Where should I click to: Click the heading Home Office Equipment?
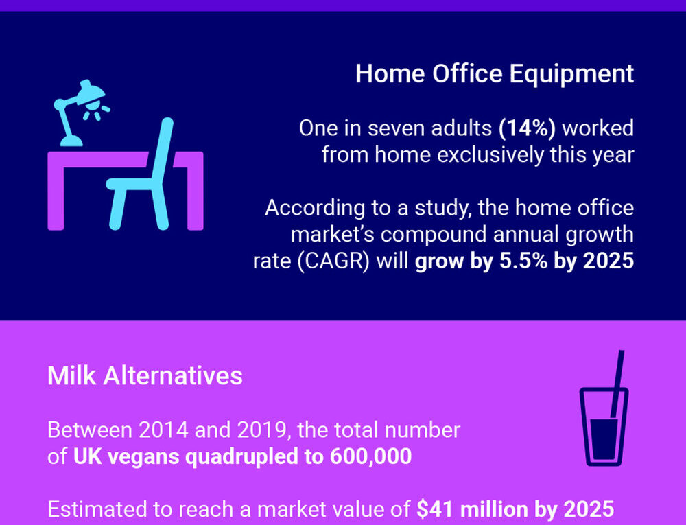(495, 74)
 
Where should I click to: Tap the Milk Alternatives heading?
(145, 376)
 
